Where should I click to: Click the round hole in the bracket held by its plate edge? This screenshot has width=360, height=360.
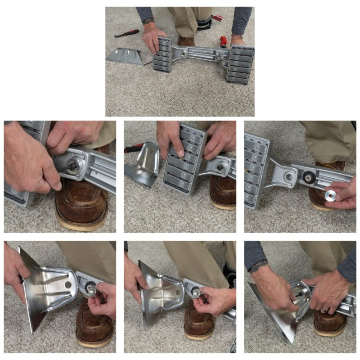click(x=68, y=285)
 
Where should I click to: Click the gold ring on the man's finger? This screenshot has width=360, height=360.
click(x=324, y=310)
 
